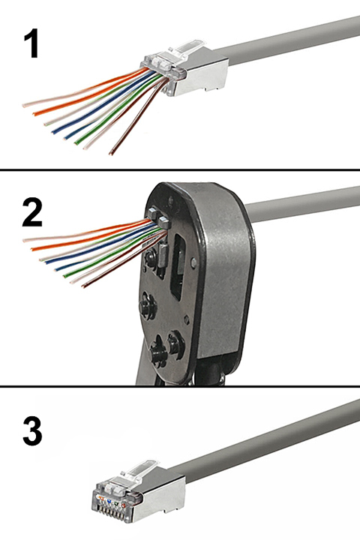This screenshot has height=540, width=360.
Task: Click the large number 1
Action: click(31, 43)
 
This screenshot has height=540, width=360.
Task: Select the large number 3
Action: click(32, 431)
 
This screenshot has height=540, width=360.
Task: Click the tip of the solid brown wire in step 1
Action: click(111, 154)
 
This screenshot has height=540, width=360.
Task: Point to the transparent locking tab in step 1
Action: click(184, 49)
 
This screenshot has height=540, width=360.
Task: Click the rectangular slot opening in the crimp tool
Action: click(178, 267)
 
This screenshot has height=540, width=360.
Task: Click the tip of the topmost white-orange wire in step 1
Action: click(24, 105)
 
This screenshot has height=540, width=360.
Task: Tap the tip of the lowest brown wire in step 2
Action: click(83, 286)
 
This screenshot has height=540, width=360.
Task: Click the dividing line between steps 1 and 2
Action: click(180, 169)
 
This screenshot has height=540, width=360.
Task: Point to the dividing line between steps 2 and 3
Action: click(180, 386)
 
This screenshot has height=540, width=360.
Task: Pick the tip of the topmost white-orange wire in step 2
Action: click(25, 240)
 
